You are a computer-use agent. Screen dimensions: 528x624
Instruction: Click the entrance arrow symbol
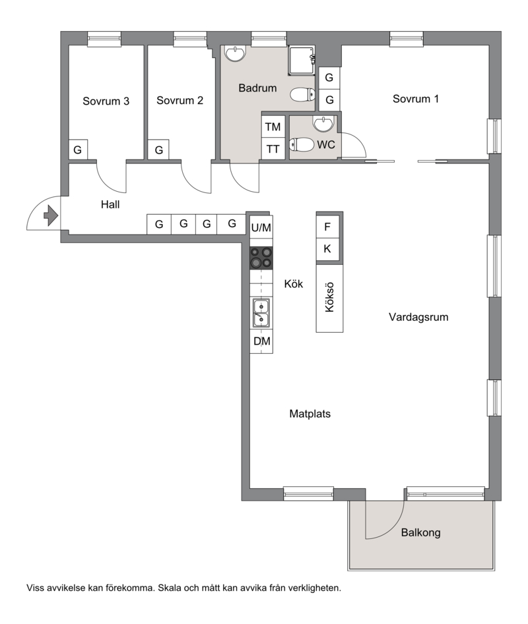[x=51, y=215]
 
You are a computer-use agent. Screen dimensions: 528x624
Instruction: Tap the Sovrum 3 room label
[x=106, y=101]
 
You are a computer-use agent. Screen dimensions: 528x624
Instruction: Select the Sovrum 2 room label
[x=180, y=100]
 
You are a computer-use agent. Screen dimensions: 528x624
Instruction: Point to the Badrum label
[x=257, y=88]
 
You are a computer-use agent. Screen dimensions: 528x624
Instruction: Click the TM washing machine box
[x=273, y=127]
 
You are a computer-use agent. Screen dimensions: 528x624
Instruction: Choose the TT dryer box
[x=273, y=149]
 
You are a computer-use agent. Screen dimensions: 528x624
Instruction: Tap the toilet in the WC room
[x=302, y=144]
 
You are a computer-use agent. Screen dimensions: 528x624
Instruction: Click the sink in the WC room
[x=323, y=123]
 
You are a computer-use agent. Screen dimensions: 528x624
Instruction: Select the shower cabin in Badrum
[x=302, y=60]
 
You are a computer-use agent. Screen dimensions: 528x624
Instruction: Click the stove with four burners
[x=261, y=258]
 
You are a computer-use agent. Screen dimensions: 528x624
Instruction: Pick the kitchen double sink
[x=261, y=313]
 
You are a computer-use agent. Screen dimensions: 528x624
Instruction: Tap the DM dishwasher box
[x=261, y=341]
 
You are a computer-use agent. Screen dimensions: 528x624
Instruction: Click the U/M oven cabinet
[x=261, y=227]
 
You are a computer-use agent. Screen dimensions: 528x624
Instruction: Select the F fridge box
[x=327, y=227]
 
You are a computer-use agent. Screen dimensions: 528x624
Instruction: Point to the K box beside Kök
[x=327, y=249]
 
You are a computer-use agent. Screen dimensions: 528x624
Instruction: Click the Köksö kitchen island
[x=329, y=298]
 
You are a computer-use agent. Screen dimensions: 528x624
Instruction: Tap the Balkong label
[x=421, y=532]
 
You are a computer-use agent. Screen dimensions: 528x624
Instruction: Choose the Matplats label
[x=310, y=414]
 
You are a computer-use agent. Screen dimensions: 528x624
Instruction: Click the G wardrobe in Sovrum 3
[x=78, y=150]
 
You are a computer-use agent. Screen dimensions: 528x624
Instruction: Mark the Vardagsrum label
[x=418, y=317]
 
